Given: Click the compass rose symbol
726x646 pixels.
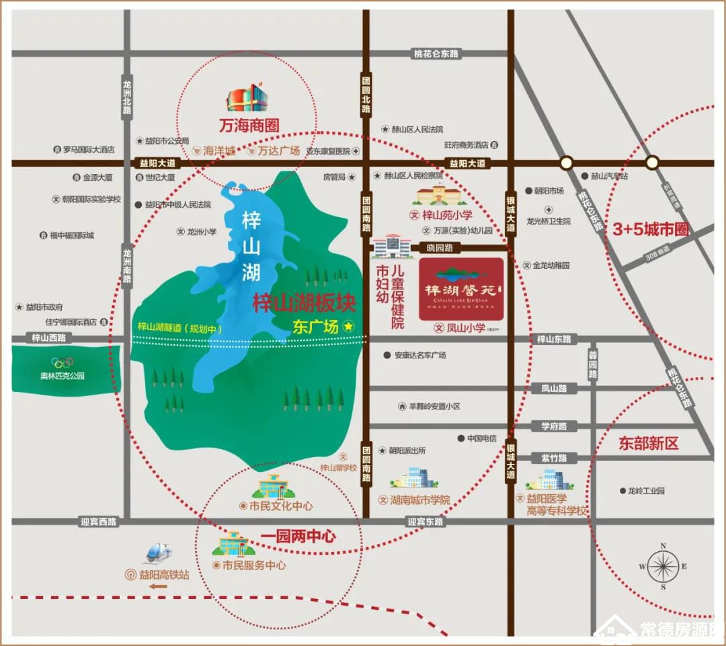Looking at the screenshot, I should click(663, 567).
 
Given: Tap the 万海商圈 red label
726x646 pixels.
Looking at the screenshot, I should click(248, 125).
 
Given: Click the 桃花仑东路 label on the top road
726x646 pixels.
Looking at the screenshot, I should click(436, 53).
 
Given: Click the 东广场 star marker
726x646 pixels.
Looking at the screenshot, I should click(349, 326).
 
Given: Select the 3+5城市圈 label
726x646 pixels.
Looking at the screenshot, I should click(651, 229).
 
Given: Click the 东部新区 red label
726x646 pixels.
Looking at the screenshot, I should click(649, 443).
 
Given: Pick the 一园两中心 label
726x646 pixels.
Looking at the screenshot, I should click(297, 536).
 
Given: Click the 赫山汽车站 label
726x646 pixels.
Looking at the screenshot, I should click(609, 176).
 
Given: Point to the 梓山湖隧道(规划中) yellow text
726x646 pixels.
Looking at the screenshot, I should click(179, 328).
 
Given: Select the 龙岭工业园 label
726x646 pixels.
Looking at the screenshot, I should click(645, 491).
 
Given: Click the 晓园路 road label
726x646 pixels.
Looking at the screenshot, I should click(440, 247).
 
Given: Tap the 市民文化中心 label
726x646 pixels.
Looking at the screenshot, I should click(280, 506).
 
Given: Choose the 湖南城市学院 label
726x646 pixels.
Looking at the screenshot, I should click(419, 499).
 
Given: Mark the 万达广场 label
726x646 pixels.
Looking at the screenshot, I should click(278, 151).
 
